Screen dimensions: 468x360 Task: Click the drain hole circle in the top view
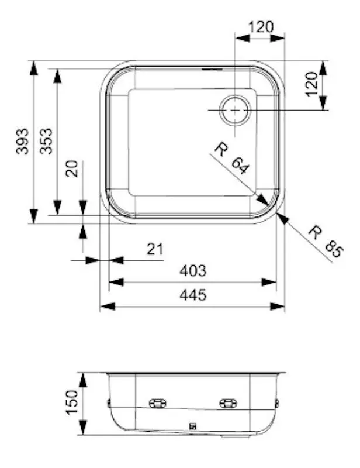[235, 109]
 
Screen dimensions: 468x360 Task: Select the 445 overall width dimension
[193, 295]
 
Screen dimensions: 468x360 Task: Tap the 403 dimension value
[193, 271]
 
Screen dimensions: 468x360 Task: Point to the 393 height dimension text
[22, 141]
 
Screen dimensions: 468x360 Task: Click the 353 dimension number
[46, 141]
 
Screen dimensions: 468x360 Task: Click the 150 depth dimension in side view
[71, 403]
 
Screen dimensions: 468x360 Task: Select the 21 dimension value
[154, 249]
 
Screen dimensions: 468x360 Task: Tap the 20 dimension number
[71, 170]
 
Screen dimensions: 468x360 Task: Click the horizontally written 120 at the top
[261, 27]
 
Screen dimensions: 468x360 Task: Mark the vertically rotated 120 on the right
[311, 84]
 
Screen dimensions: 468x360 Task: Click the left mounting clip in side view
[157, 403]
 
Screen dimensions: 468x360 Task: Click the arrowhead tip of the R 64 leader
[268, 205]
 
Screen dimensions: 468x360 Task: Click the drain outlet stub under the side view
[234, 436]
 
